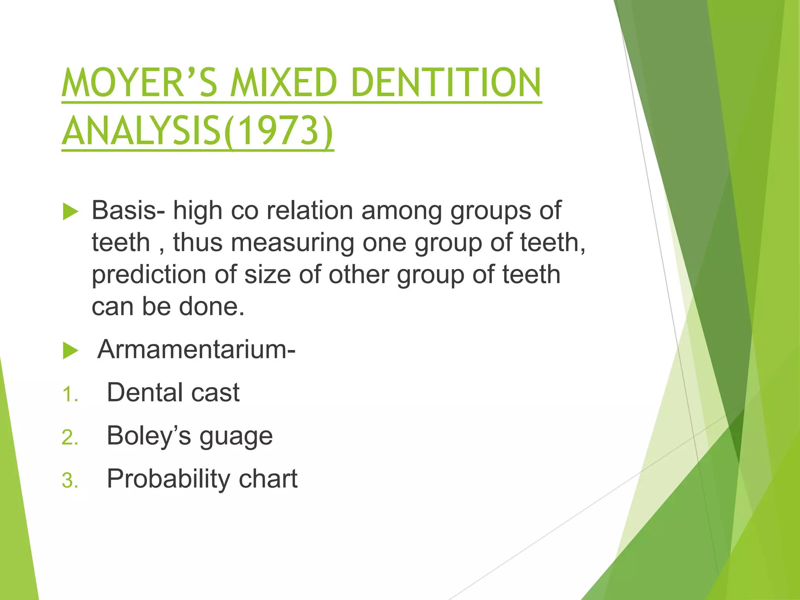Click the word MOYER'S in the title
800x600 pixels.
tap(139, 82)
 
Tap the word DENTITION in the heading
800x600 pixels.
tap(446, 82)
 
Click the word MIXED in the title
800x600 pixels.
tap(284, 82)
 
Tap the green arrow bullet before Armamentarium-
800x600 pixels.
tap(71, 350)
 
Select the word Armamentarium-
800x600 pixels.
tap(196, 349)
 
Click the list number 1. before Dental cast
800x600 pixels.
tap(70, 394)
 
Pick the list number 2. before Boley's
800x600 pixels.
tap(70, 437)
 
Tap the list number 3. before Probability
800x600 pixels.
tap(70, 480)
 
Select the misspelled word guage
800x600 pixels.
tap(236, 437)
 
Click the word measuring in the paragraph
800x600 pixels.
tap(293, 243)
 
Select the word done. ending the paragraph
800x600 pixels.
tap(212, 307)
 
